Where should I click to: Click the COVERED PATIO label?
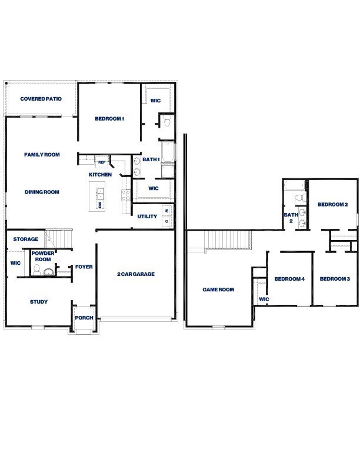pos(41,99)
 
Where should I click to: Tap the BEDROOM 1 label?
pos(109,119)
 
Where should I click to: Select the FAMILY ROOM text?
pos(42,155)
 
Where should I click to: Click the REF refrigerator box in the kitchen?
pos(102,162)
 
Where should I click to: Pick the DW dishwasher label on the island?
pos(100,205)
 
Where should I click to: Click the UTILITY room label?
pos(147,217)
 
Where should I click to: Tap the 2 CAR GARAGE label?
pos(136,274)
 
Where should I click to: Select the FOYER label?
pos(84,267)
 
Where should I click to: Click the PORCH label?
pos(84,318)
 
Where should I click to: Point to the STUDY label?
pos(39,302)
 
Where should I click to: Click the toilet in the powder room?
pos(36,269)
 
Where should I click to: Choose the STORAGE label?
pos(26,239)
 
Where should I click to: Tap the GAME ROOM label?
pos(218,289)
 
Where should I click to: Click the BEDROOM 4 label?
pos(289,279)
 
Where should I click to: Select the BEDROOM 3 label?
pos(335,279)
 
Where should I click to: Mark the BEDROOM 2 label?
pos(333,205)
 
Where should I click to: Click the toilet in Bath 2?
pos(298,198)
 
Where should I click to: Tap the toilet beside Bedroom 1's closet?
pos(166,122)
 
